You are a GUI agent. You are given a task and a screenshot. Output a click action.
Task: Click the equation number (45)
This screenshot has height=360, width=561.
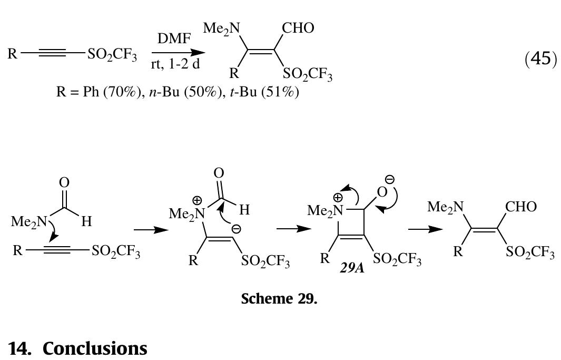(540, 58)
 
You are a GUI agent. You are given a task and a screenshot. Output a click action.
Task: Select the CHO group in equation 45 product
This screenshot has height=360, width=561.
(298, 28)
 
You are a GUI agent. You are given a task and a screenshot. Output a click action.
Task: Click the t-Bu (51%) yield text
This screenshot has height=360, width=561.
(264, 93)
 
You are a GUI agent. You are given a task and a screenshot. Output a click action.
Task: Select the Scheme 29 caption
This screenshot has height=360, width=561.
(279, 299)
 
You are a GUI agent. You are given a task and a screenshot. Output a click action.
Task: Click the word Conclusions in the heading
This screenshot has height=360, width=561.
(95, 348)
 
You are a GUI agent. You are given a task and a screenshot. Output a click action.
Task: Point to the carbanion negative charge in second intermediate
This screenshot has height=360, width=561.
(237, 229)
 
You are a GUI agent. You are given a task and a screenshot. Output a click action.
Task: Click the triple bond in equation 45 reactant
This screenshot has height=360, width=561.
(52, 53)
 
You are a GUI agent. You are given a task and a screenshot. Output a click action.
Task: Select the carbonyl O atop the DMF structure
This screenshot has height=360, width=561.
(64, 182)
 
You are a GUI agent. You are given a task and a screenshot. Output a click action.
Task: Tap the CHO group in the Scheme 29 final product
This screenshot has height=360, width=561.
(521, 207)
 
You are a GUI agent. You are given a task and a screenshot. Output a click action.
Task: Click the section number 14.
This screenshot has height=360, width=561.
(19, 348)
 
